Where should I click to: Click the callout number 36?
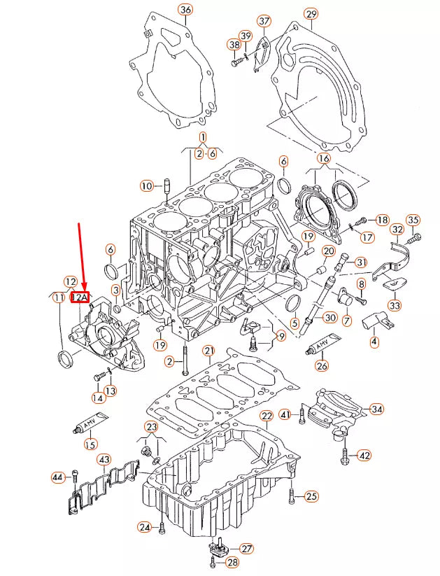185,10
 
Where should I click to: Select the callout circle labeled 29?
311,14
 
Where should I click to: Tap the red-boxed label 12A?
80,297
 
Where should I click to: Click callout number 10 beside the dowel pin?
146,186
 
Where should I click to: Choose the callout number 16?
323,159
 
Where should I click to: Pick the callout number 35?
413,220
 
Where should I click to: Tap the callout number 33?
395,305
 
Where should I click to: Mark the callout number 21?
208,350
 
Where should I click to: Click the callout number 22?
267,416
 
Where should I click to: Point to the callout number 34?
377,409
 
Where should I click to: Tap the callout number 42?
364,455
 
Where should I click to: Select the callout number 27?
247,548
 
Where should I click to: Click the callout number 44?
59,477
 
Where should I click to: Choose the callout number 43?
104,459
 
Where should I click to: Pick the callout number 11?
57,298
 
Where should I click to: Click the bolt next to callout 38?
236,63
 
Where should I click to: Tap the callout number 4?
374,342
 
